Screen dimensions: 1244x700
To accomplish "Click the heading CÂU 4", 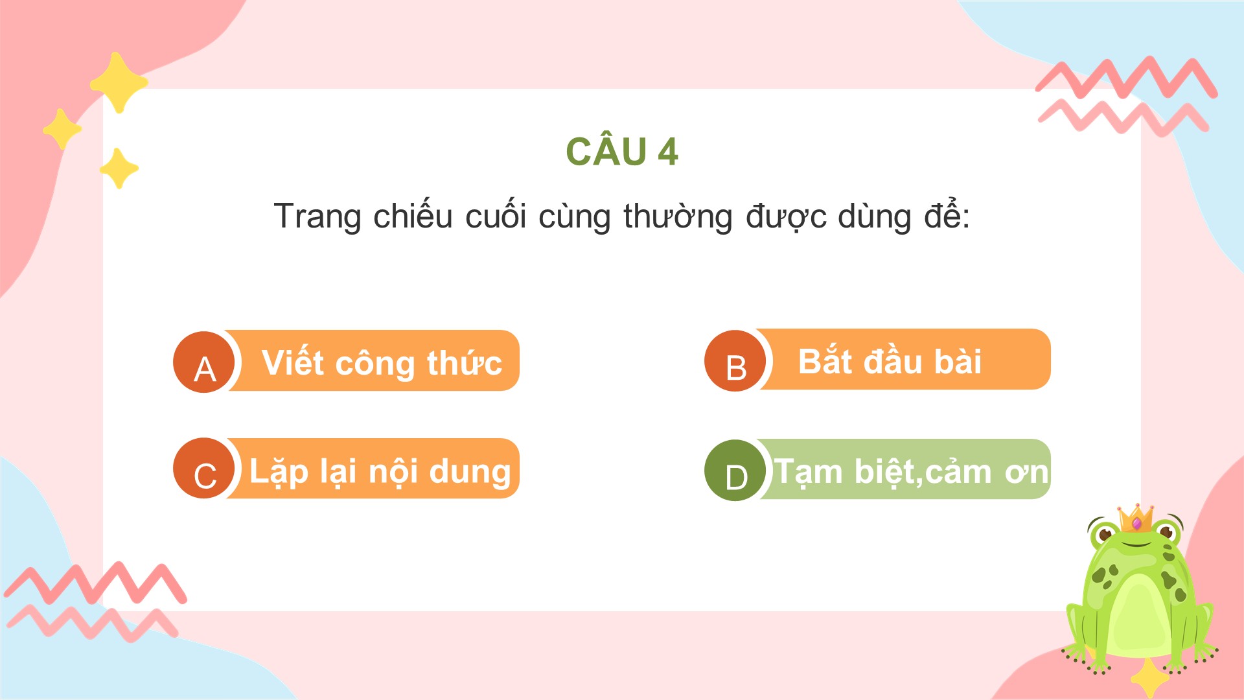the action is click(x=622, y=151).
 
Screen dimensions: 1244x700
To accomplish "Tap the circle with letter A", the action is click(x=204, y=362).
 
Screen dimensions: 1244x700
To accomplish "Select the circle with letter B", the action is click(x=735, y=361).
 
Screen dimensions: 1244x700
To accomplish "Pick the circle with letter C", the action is click(x=204, y=469).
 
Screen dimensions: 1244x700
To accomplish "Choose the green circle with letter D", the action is click(x=735, y=471).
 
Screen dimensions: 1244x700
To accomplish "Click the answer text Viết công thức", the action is click(x=382, y=362).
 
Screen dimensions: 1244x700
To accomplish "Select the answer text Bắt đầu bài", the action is click(x=890, y=361).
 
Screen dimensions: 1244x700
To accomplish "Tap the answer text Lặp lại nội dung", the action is click(x=380, y=471).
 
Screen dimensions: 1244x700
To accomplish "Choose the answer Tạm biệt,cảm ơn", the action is click(x=912, y=471).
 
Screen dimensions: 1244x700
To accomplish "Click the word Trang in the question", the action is click(x=317, y=216).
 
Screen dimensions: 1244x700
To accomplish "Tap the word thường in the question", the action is click(x=678, y=216).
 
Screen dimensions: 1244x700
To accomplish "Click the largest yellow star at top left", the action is click(x=119, y=83).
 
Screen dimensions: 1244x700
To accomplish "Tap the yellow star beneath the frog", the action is click(x=1150, y=678).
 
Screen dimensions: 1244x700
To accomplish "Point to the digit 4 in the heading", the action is click(x=668, y=152).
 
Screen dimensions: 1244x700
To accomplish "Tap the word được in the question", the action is click(x=785, y=216).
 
